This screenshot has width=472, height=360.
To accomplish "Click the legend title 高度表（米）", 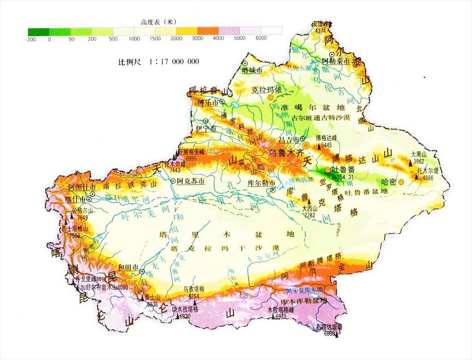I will (x=155, y=22).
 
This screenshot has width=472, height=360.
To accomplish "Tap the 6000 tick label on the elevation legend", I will (x=262, y=39).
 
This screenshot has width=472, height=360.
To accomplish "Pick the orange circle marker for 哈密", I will (x=401, y=182).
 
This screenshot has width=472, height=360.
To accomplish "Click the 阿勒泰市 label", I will (x=336, y=61).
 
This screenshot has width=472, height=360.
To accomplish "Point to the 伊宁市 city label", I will (x=206, y=128).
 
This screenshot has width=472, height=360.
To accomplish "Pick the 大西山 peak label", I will (x=309, y=208).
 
